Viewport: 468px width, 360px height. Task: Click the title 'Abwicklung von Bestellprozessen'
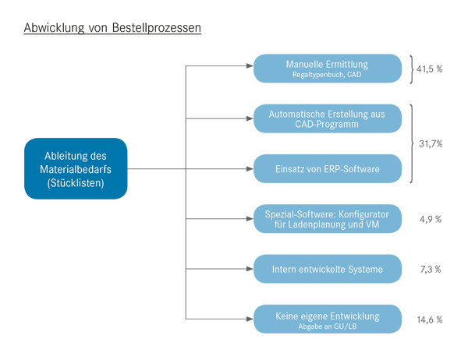point(112,28)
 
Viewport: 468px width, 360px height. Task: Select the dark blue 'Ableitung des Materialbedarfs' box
point(76,168)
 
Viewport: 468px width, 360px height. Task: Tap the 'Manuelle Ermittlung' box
point(328,69)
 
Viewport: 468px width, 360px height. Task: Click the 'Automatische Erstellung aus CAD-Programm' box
point(328,118)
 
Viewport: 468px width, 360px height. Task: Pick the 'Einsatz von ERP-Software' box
point(328,168)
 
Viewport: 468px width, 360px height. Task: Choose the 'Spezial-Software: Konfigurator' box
point(328,219)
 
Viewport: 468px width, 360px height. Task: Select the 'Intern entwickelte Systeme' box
point(328,269)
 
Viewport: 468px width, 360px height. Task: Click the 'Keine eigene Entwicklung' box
point(328,319)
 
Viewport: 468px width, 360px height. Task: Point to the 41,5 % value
point(430,69)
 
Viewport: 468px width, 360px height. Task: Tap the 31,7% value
point(431,143)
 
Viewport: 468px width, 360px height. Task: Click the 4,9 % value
point(431,220)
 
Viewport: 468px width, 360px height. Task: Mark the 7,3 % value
point(431,270)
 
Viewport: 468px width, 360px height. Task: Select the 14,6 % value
point(430,320)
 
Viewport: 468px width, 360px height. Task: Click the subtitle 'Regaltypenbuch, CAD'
point(327,75)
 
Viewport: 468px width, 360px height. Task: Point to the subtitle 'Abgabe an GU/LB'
point(328,326)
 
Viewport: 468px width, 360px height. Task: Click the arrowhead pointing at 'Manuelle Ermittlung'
point(250,66)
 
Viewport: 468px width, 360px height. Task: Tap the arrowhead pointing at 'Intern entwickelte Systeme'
point(250,269)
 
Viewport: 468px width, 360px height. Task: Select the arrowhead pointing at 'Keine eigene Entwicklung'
point(250,319)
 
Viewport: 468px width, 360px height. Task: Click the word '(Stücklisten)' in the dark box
point(76,183)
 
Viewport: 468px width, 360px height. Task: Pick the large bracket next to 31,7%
point(412,143)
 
